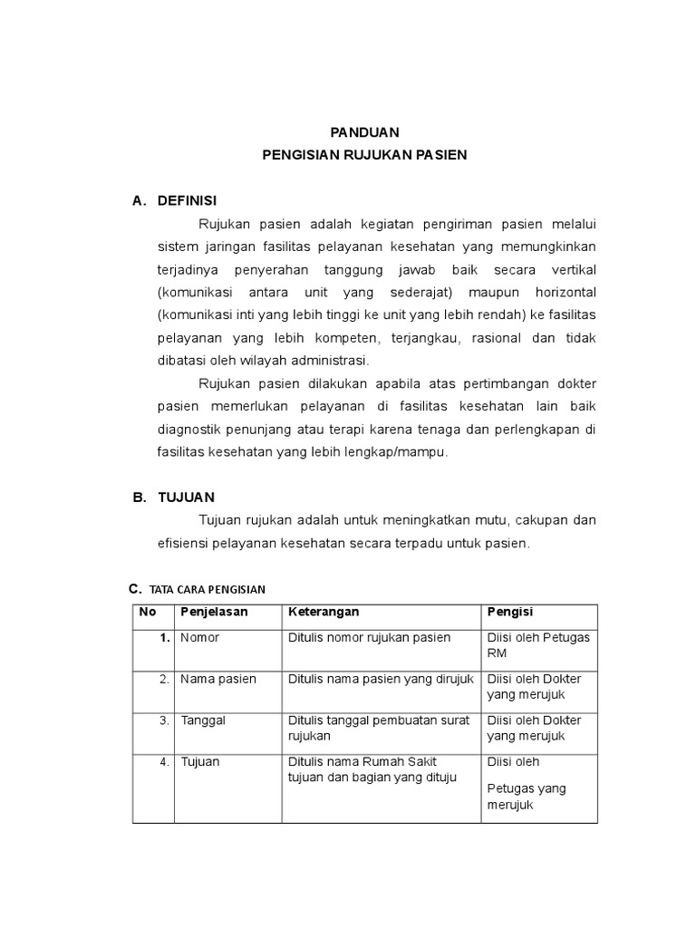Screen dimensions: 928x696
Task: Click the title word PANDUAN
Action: [362, 132]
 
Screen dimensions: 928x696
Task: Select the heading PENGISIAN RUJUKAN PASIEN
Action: [364, 155]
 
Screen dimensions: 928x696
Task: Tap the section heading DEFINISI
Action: [188, 200]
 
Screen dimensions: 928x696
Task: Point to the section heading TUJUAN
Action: [186, 498]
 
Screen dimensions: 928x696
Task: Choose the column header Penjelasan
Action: [215, 613]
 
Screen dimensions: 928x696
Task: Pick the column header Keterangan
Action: [324, 613]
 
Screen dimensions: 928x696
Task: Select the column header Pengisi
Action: [509, 613]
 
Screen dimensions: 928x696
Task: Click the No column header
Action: [147, 613]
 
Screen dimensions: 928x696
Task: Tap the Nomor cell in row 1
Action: [199, 638]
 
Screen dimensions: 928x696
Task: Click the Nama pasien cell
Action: [217, 679]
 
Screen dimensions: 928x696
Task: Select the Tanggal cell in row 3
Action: [203, 720]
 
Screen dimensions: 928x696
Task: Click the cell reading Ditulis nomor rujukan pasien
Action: [369, 638]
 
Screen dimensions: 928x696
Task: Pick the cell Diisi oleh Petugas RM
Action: [538, 645]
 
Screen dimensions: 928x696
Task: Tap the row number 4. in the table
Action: [164, 762]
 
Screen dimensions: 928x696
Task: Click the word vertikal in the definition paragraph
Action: [570, 271]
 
